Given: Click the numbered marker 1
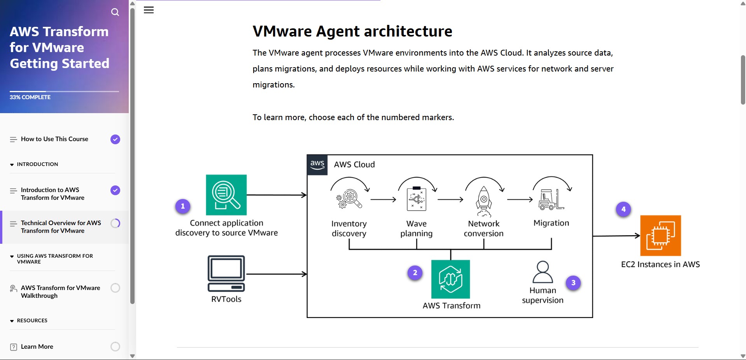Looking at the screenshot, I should coord(183,206).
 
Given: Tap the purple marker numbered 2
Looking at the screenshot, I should coord(415,273).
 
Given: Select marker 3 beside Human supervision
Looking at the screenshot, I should coord(573,283).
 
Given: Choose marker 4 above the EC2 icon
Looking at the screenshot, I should coord(623,209).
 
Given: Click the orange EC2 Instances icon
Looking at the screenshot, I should coord(660,236).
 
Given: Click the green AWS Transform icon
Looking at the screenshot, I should coord(450,279).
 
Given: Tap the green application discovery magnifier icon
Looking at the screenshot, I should coord(226,195).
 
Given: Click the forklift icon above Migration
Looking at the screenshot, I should coord(551,199).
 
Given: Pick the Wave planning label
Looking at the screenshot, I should coord(416,229).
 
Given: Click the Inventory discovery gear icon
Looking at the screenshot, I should coord(349,199).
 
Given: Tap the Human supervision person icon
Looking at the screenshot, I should coord(543,272).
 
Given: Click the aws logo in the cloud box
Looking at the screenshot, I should coord(317,165).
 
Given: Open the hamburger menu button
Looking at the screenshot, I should coord(149,10).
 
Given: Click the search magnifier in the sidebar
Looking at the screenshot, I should coord(115,12).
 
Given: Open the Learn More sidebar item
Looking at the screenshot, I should coord(37,347).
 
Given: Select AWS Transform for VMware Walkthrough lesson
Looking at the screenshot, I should coord(60,292).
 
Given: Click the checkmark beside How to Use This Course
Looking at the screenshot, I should coord(115,139).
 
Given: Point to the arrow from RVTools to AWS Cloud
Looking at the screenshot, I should coord(276,274).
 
